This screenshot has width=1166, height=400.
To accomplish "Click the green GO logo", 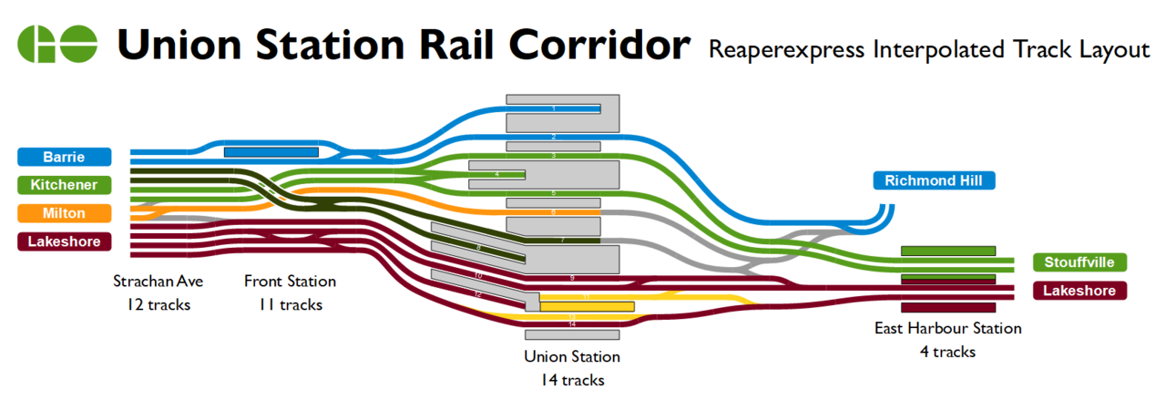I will (57, 44).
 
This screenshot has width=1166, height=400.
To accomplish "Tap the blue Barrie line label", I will (64, 157).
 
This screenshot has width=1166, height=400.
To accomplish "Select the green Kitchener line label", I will (64, 185).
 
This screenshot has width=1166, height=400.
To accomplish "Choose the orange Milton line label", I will (64, 213).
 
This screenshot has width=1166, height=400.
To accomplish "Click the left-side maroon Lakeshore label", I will (64, 241).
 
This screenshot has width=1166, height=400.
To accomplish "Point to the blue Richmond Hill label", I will (934, 180).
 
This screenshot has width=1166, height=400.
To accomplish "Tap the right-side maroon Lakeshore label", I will (1080, 291).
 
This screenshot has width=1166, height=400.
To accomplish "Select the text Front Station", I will (290, 282).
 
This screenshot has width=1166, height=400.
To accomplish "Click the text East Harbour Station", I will (947, 328).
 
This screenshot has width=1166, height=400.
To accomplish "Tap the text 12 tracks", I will (159, 304).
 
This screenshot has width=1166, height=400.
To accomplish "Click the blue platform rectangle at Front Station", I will (271, 152).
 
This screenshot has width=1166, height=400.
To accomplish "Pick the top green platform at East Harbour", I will (947, 250).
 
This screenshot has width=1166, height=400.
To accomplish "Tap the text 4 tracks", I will (947, 351).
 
